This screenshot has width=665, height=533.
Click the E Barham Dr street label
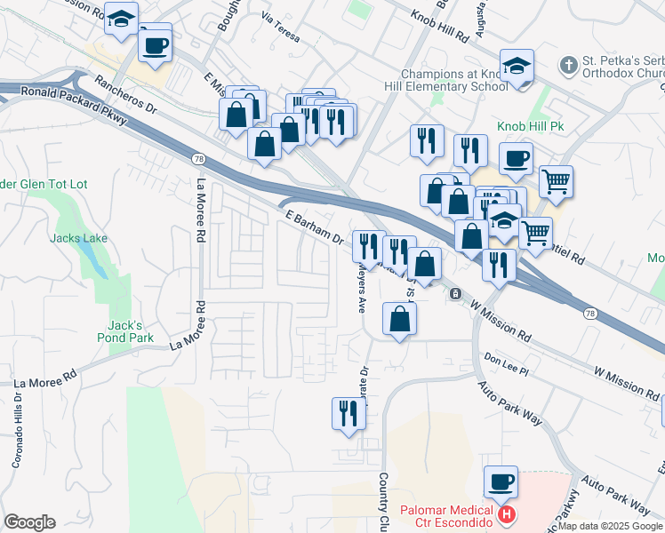[x=315, y=226]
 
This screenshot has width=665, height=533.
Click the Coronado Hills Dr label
[x=15, y=434]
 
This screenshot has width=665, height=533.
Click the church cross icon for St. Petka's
[x=567, y=64]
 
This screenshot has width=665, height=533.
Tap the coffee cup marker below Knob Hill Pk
[x=516, y=159]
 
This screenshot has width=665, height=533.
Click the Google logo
[x=29, y=522]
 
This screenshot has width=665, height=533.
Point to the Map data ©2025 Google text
[x=610, y=526]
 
